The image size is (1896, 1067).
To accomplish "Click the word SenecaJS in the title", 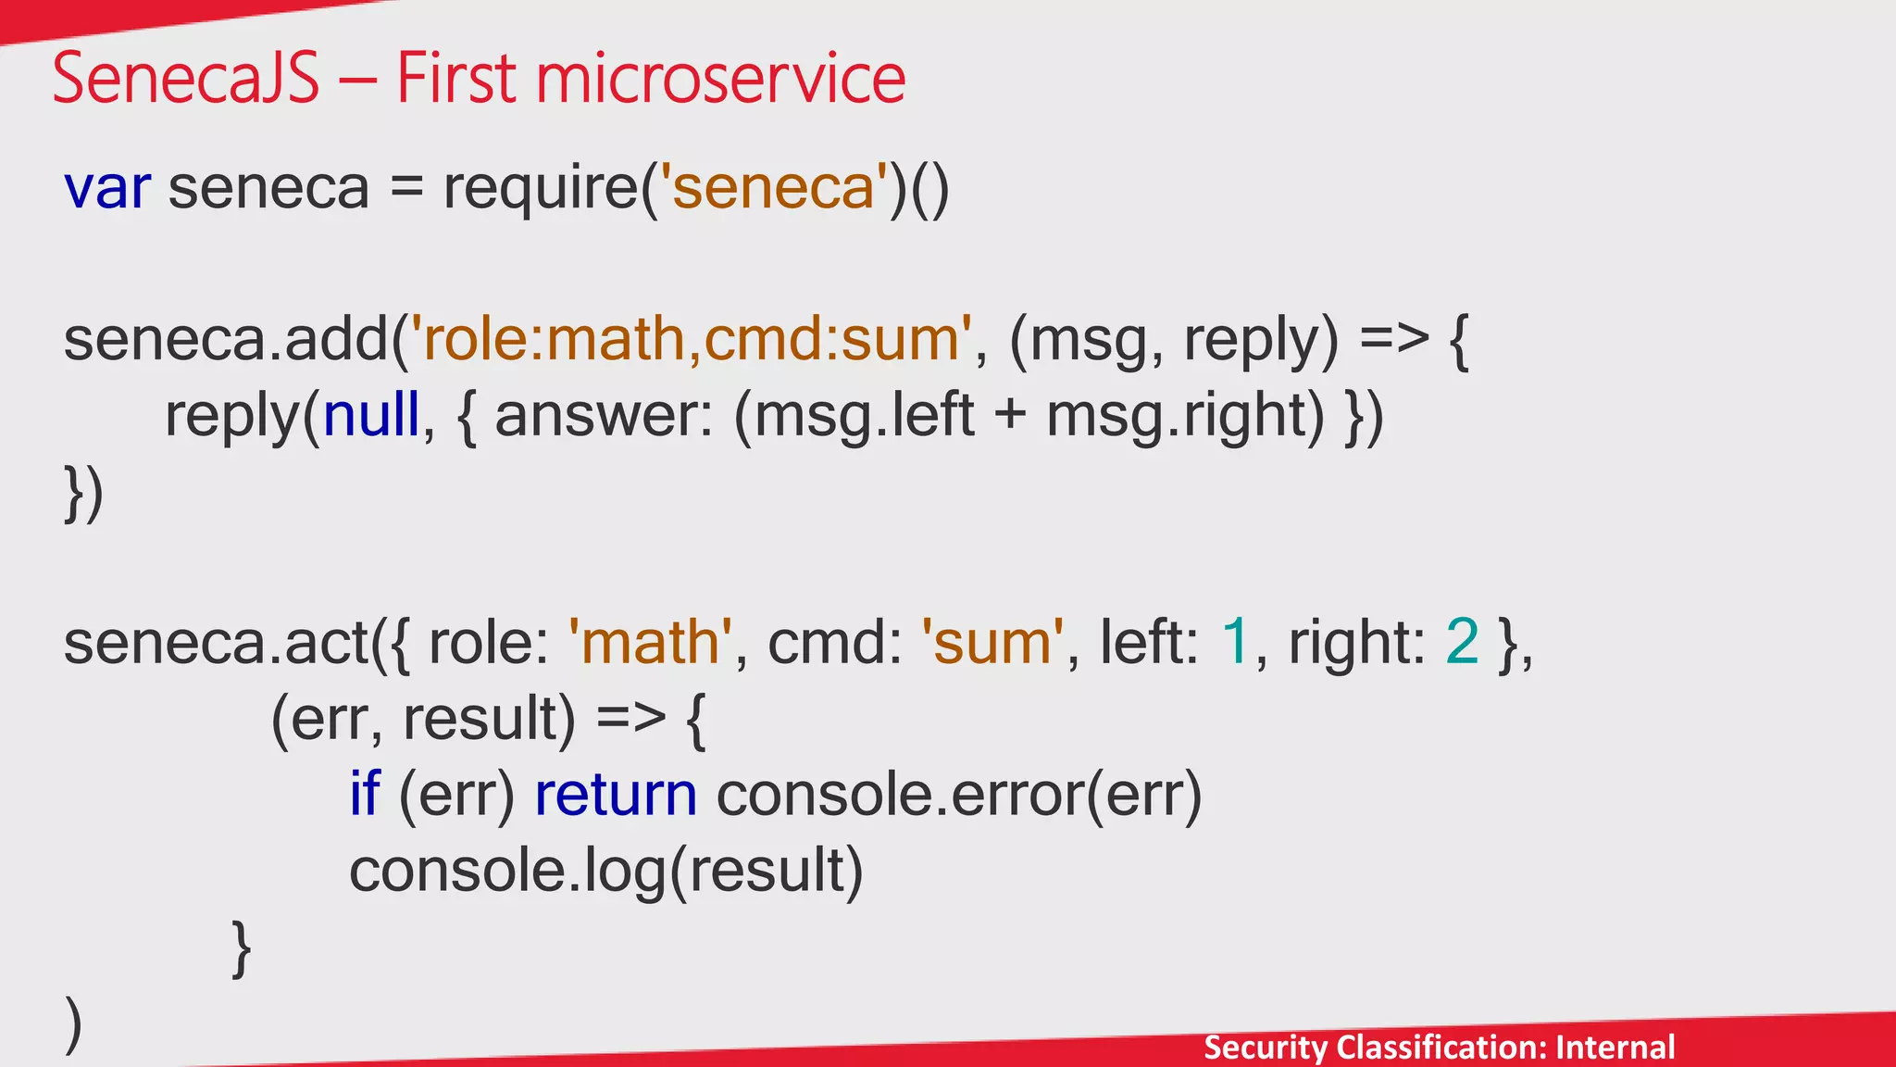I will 185,80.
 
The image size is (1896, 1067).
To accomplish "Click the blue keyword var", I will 106,188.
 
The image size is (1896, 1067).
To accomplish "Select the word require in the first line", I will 540,188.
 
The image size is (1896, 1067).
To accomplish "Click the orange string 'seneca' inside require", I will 773,188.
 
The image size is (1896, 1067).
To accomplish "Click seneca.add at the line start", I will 227,339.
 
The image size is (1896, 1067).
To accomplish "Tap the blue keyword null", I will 371,415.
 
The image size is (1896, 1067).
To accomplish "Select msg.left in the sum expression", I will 865,415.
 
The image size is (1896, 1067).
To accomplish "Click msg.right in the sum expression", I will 1186,415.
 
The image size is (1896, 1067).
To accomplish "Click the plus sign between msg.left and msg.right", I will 1010,415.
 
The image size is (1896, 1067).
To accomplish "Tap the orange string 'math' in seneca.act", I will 650,642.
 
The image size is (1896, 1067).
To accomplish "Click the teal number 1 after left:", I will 1236,642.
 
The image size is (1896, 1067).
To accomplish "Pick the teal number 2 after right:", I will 1462,642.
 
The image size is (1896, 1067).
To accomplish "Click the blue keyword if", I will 365,795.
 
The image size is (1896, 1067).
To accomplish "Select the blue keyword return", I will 616,795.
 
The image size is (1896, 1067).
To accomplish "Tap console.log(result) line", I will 605,871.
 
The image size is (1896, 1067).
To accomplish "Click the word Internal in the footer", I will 1615,1048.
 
